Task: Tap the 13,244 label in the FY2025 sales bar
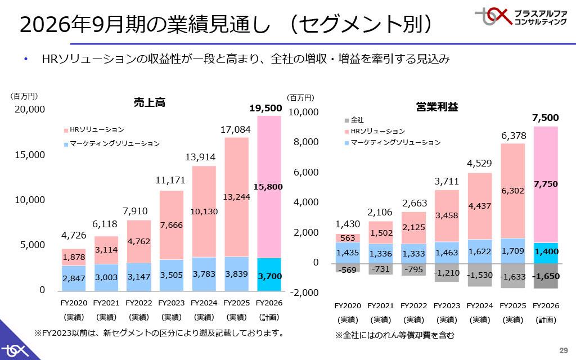(236, 197)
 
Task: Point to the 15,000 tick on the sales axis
(30, 154)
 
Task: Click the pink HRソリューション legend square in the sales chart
(66, 130)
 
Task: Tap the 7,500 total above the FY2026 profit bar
(545, 118)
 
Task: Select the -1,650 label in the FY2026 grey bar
(545, 276)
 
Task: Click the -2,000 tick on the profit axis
(304, 293)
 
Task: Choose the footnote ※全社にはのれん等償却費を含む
(394, 335)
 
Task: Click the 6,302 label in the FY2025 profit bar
(512, 191)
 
